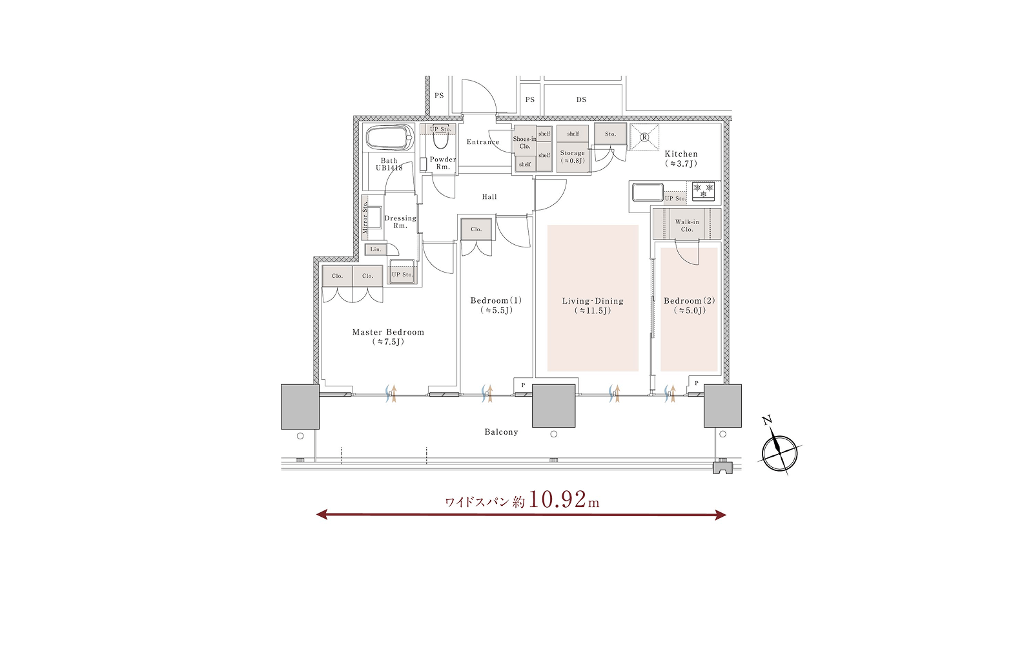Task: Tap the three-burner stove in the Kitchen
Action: click(703, 191)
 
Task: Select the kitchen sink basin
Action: click(648, 192)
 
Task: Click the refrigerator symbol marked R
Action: click(645, 137)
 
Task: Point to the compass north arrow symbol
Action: click(779, 447)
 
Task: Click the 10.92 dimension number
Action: click(557, 499)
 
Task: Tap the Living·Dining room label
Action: click(593, 301)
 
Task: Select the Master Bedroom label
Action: click(388, 332)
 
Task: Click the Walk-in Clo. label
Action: click(687, 225)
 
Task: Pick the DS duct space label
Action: click(581, 99)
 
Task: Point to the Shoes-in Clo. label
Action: click(525, 143)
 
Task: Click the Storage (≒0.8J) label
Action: click(572, 156)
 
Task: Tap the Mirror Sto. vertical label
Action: click(365, 217)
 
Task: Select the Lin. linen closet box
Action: click(376, 249)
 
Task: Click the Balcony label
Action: click(501, 432)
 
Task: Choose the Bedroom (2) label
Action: click(689, 301)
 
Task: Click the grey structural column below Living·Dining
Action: click(553, 406)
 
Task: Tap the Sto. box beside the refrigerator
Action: click(610, 134)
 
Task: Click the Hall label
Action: click(489, 197)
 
